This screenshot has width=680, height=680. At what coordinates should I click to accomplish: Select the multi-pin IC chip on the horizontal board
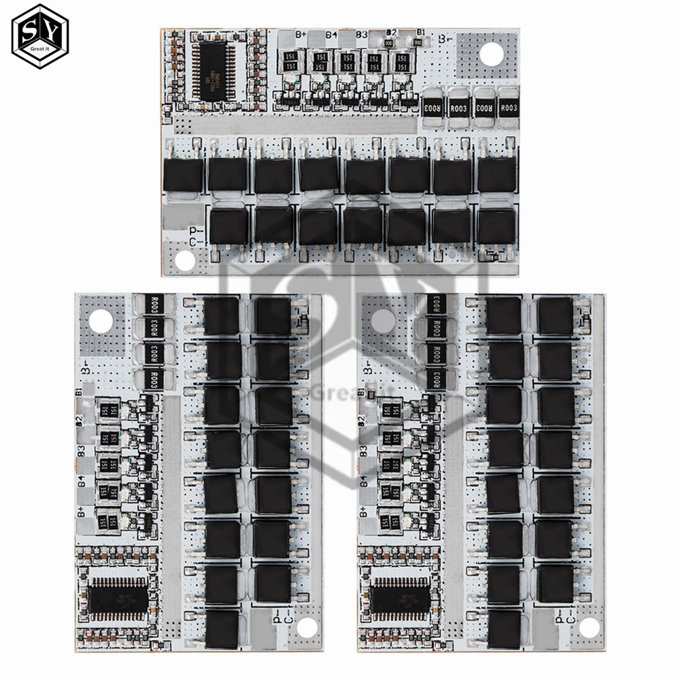coord(212,70)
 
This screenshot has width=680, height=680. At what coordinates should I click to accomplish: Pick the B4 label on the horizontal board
coord(332,35)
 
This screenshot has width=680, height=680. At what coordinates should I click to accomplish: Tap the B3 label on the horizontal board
coord(362,34)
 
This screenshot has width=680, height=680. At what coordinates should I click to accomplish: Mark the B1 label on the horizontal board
coord(422,33)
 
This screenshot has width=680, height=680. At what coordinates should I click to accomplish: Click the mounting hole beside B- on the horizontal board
coord(488,54)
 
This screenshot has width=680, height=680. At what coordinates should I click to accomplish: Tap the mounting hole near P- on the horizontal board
coord(182,260)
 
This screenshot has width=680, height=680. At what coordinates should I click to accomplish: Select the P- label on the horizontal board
coord(194,231)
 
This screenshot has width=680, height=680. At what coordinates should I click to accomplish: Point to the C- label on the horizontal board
coord(194,243)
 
